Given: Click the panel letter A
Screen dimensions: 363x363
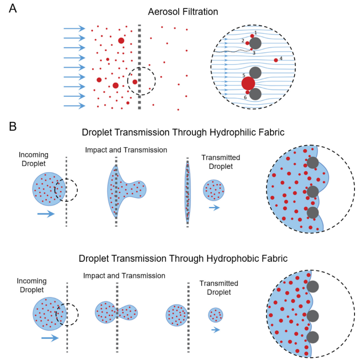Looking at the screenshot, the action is [13, 8].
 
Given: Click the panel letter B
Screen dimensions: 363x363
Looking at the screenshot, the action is [13, 127].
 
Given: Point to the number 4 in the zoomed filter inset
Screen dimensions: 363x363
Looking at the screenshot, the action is [281, 58].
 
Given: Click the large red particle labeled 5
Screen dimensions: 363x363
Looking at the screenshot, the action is [248, 83].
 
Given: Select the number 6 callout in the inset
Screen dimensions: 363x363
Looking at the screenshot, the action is [245, 97].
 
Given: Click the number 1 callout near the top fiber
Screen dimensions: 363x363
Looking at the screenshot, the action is [256, 32].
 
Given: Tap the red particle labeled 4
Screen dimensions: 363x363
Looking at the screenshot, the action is [276, 60].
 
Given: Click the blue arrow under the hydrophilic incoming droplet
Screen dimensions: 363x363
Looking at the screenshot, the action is [46, 214].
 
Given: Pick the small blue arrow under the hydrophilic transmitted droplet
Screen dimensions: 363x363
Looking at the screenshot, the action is [214, 208].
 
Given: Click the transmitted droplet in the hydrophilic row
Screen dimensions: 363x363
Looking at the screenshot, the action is [214, 190].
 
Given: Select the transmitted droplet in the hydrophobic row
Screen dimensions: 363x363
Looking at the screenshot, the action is [216, 315].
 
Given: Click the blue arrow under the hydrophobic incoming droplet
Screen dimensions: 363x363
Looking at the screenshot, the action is [50, 338].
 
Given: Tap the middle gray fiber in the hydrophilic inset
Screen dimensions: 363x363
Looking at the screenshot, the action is [313, 192].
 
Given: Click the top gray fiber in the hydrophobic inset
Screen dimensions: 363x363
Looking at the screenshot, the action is [313, 286].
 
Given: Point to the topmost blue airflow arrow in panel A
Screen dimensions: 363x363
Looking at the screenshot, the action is [75, 28].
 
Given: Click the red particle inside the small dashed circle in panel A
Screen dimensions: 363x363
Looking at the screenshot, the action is [135, 82].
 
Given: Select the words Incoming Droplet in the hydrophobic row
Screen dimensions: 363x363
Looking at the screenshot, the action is [32, 285].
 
